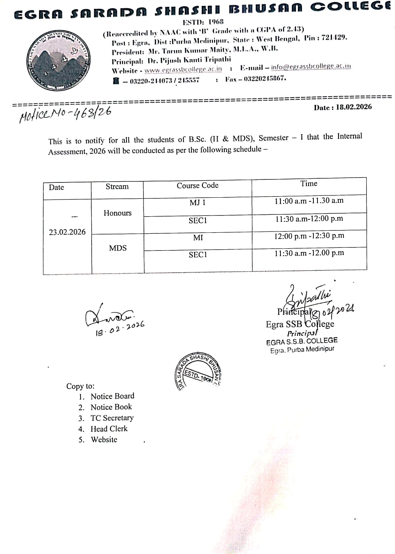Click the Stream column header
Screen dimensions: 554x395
[x=117, y=187]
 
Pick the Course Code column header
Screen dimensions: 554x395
[x=197, y=185]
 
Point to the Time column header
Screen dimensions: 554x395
[x=309, y=184]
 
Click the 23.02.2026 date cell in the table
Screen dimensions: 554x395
[x=67, y=232]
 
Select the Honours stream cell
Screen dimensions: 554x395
[x=118, y=213]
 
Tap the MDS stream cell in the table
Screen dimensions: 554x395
[x=118, y=248]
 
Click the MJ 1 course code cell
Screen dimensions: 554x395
[x=197, y=203]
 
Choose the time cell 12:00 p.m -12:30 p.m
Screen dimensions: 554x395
[x=309, y=236]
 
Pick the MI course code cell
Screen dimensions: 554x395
[x=198, y=238]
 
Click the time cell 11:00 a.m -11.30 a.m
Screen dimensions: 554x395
[x=309, y=201]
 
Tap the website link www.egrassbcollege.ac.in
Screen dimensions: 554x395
[x=183, y=69]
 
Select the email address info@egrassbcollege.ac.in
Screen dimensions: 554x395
[x=311, y=67]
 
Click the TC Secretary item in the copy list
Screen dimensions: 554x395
[x=112, y=418]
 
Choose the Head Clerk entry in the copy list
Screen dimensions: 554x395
[x=109, y=429]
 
